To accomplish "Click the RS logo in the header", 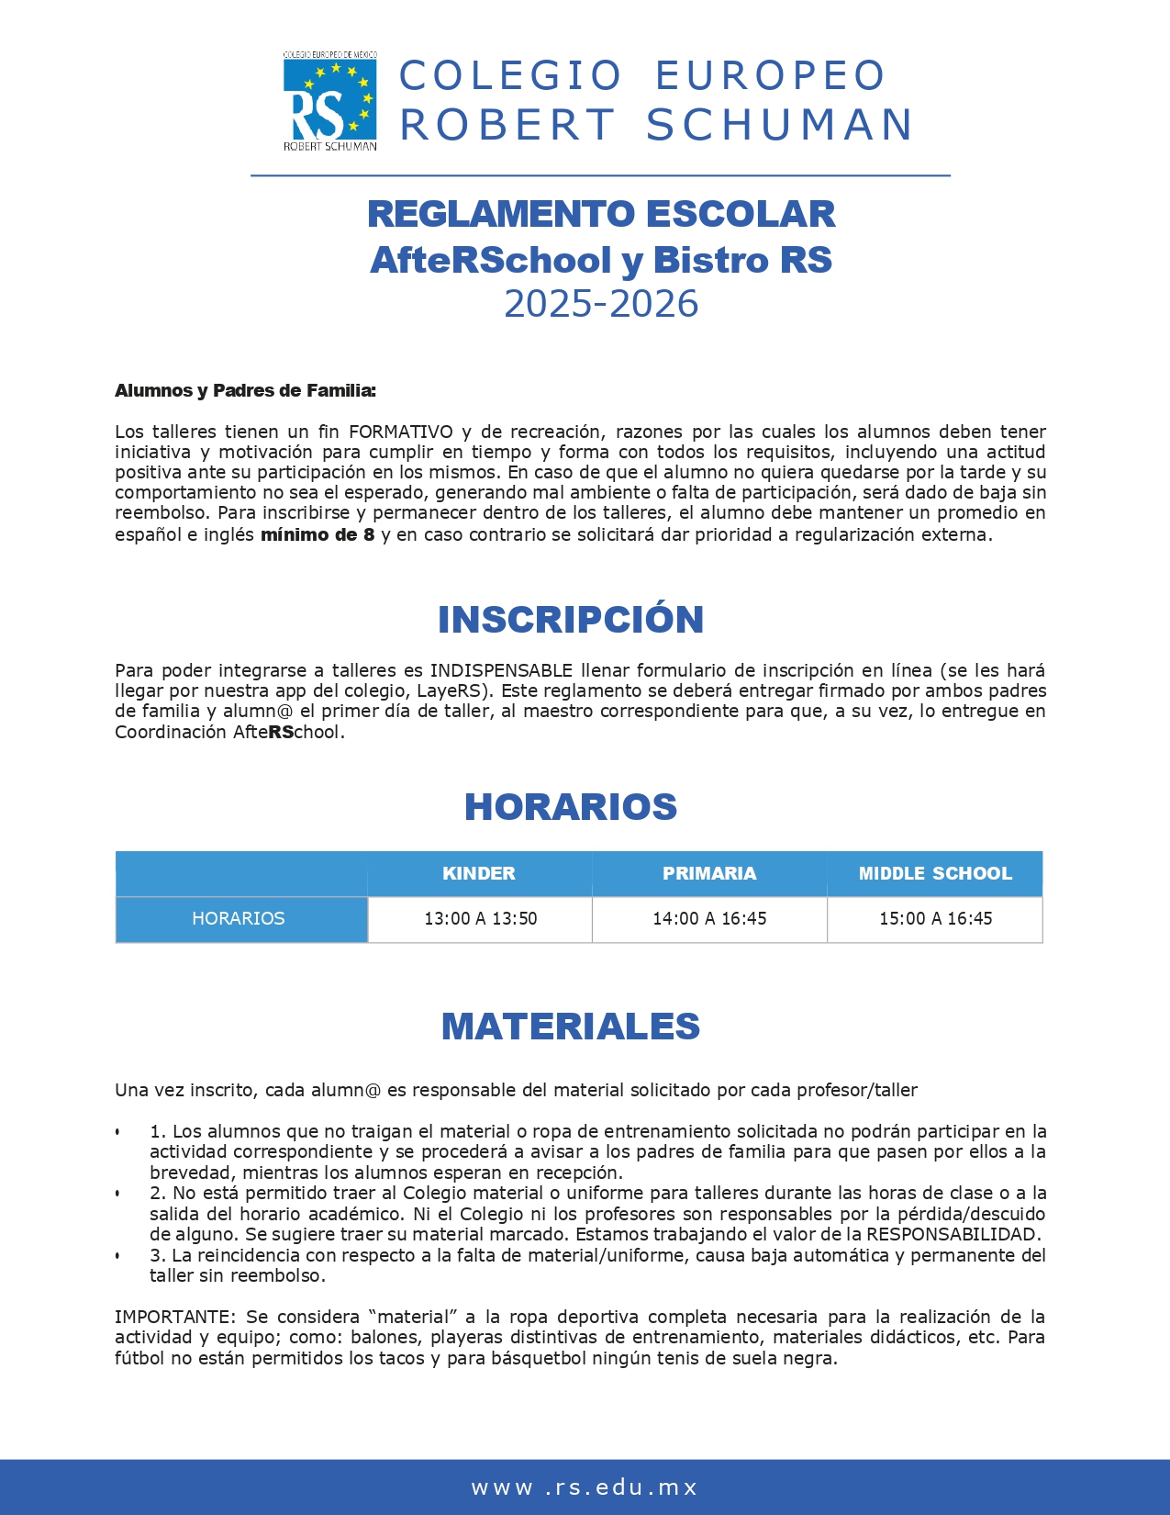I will [329, 101].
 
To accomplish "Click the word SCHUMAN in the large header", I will [779, 125].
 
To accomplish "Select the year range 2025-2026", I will [601, 304].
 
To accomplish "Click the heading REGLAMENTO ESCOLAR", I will [601, 214].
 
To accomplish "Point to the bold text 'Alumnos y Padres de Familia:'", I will [245, 390].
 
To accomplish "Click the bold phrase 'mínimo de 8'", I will [318, 534].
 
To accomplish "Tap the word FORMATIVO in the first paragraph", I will [400, 432].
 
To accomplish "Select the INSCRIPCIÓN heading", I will [570, 620].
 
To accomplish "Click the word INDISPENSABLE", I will [501, 670].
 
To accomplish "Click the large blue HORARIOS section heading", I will [570, 807].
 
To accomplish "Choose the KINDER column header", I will [479, 873].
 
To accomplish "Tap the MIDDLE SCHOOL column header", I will [935, 873].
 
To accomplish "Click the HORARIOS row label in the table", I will [239, 918].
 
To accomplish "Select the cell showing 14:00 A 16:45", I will [709, 918].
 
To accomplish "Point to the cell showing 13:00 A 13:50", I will [480, 918].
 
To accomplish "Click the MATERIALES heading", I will [570, 1027].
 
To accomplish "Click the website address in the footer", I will [585, 1487].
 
